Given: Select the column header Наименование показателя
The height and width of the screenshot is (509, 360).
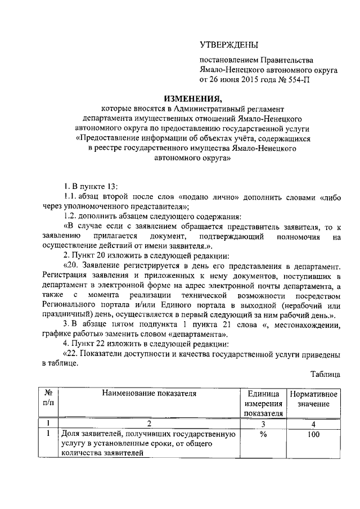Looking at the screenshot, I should click(149, 394).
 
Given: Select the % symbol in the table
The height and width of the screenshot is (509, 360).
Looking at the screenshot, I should click(263, 434).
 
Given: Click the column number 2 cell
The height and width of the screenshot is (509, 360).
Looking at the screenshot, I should click(149, 424).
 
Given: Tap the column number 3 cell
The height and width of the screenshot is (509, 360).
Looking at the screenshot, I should click(263, 424).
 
